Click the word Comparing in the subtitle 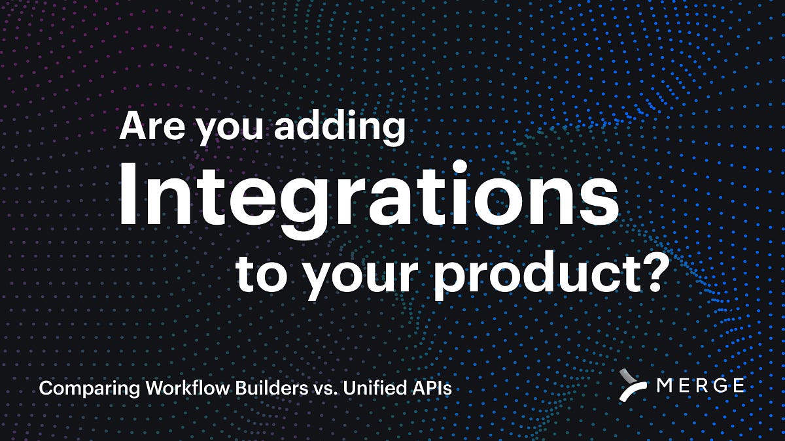(88, 389)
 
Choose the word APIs (435, 388)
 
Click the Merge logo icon (634, 385)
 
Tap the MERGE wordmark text (701, 385)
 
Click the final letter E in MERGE (738, 385)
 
